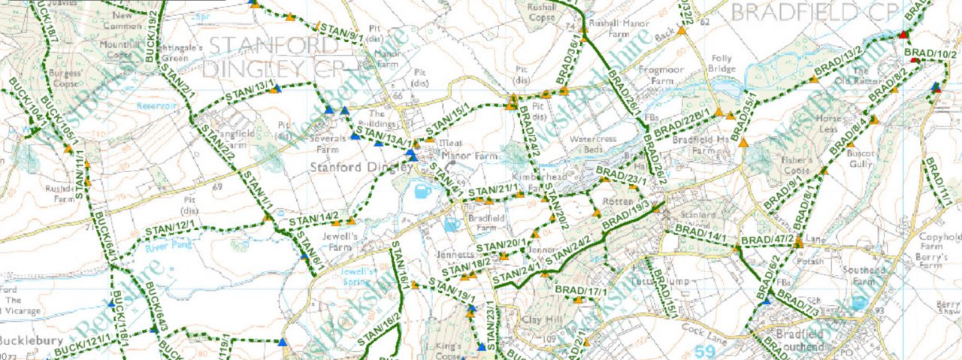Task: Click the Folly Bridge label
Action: click(x=722, y=63)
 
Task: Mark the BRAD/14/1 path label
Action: click(x=700, y=236)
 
